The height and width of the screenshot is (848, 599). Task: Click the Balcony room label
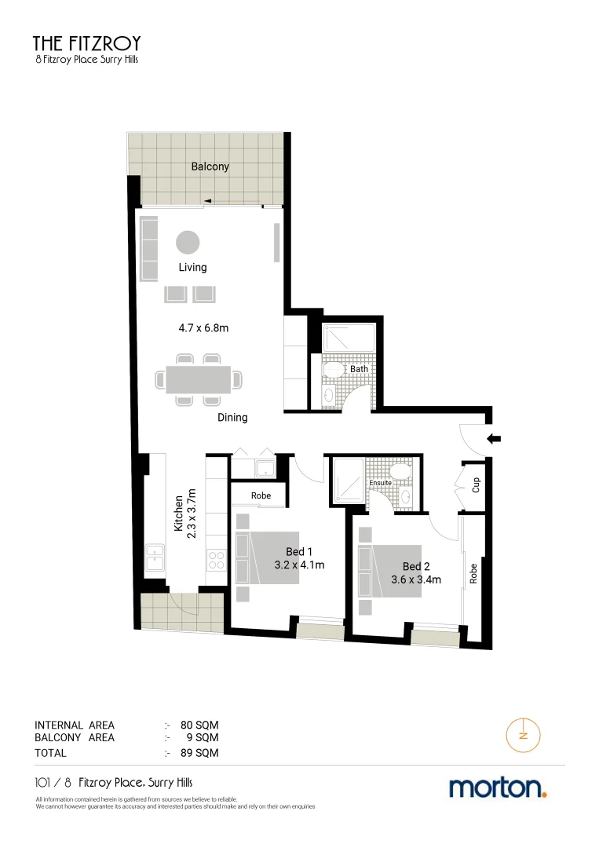(210, 166)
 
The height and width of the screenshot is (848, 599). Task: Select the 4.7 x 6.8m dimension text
(202, 327)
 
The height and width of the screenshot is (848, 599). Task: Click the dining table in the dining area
(198, 379)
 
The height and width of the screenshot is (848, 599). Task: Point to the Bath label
(359, 369)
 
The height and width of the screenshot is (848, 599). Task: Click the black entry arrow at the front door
(494, 439)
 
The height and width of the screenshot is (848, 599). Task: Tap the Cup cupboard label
(476, 484)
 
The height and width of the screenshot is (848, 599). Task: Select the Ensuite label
(391, 483)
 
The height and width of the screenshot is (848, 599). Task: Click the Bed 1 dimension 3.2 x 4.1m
(299, 565)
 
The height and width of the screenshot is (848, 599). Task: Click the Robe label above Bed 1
(261, 496)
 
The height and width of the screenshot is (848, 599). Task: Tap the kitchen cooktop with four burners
(216, 560)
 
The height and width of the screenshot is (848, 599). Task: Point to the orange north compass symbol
(522, 736)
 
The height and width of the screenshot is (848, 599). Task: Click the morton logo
(497, 788)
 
